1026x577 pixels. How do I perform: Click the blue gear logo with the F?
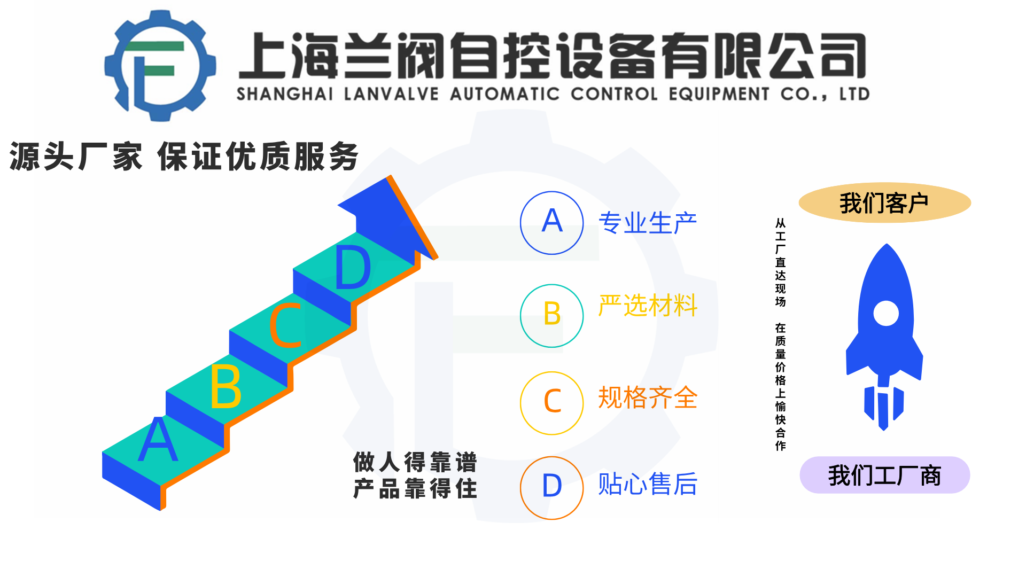click(160, 65)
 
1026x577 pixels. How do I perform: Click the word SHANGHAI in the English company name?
click(285, 94)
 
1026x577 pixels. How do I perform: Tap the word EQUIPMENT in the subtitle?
click(719, 94)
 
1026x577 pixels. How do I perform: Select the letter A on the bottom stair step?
click(158, 439)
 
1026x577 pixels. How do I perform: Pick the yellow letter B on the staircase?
click(226, 386)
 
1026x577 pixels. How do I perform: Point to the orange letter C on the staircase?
click(285, 325)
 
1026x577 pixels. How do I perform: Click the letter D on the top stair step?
click(353, 267)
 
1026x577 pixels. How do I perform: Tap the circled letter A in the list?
click(552, 223)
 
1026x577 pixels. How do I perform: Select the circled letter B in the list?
click(552, 315)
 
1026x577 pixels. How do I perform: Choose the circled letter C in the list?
click(552, 403)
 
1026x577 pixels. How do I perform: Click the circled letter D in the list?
click(552, 487)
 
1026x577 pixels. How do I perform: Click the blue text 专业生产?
click(648, 223)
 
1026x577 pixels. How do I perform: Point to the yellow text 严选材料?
click(648, 306)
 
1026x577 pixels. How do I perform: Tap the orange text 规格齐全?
click(648, 397)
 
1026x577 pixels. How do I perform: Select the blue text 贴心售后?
click(648, 484)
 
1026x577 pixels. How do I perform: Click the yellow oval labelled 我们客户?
click(885, 202)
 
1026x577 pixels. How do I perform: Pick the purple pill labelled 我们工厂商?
click(885, 475)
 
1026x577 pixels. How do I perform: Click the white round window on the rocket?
click(886, 313)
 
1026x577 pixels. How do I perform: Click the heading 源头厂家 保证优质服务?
click(184, 157)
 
